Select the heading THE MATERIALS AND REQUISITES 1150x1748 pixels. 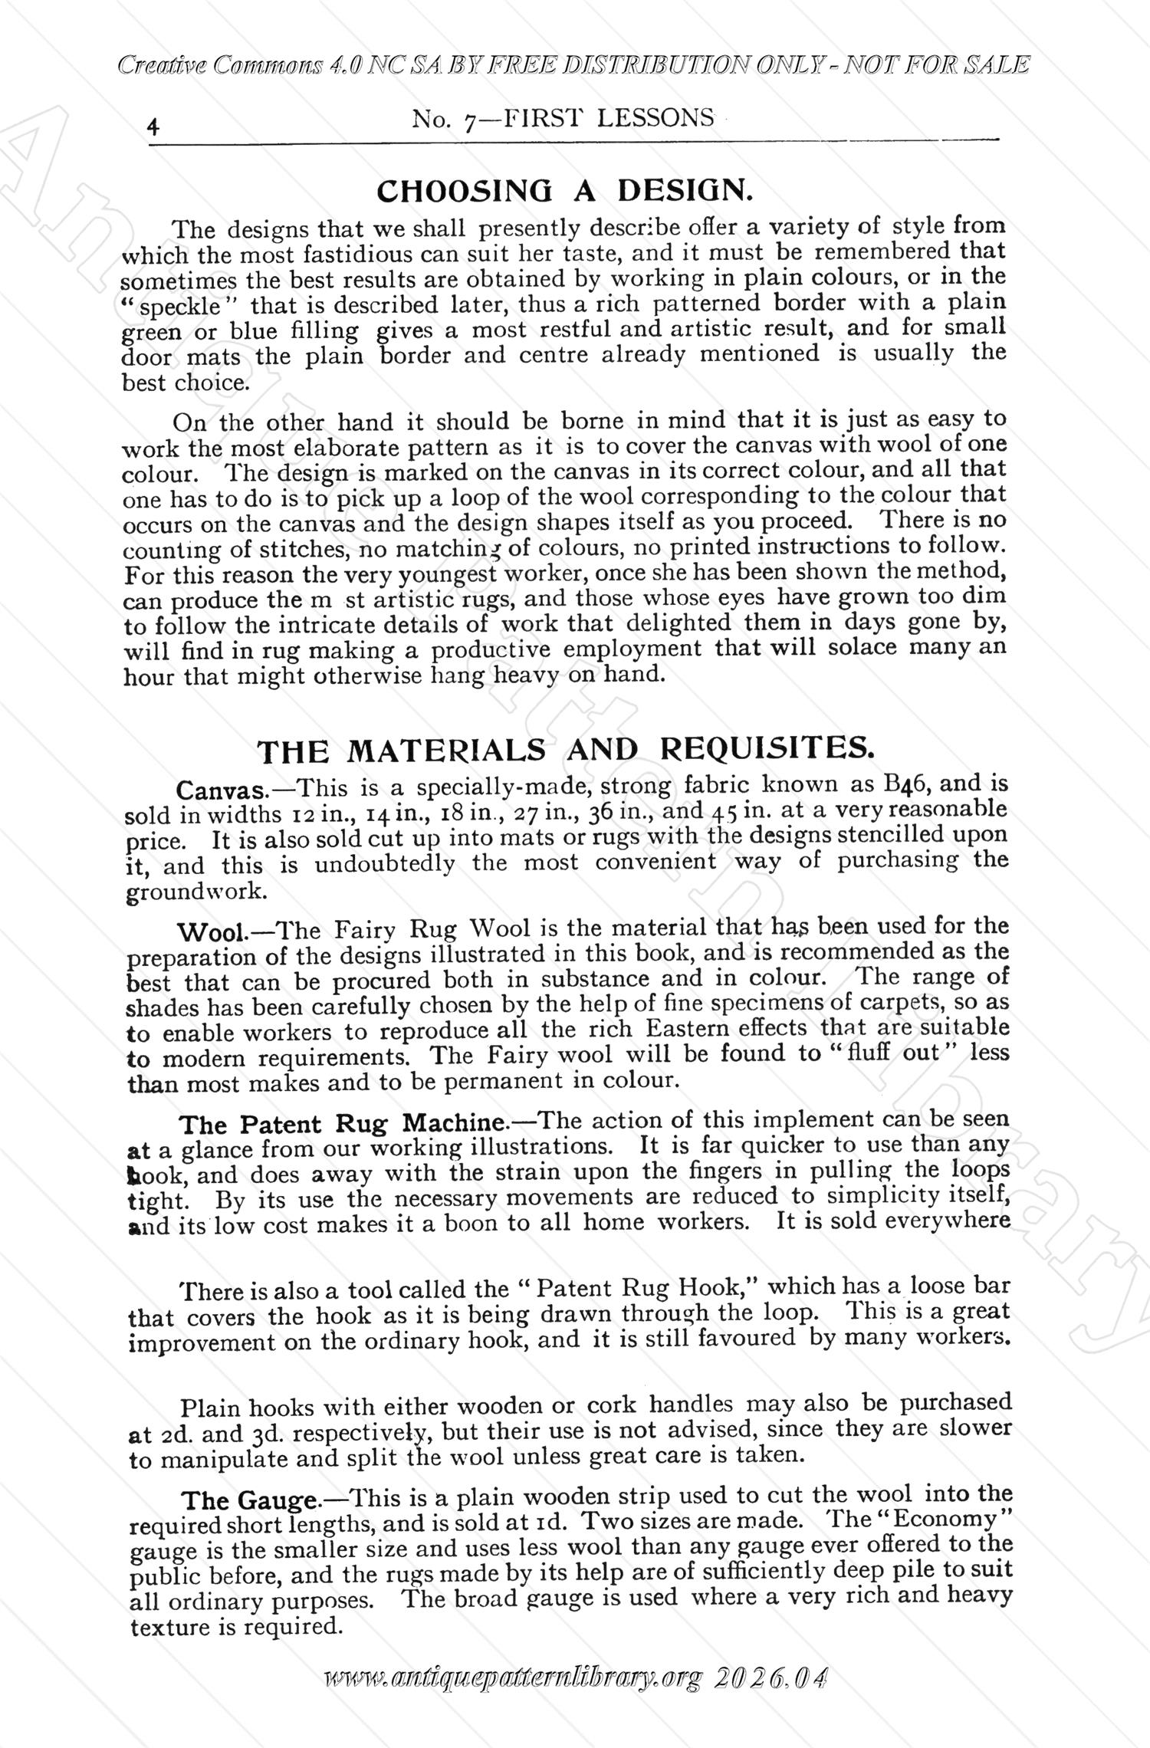click(x=565, y=750)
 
